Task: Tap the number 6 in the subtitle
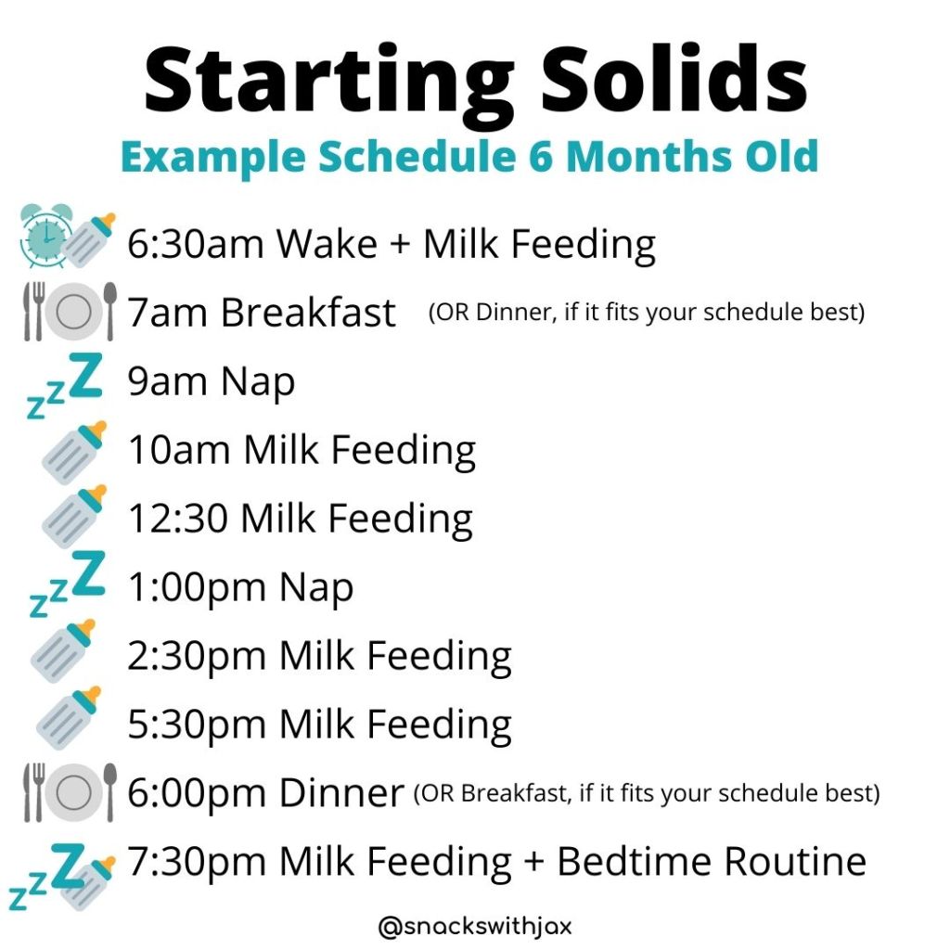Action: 541,156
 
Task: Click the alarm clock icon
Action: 45,235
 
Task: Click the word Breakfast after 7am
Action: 308,313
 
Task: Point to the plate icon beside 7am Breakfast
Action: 73,312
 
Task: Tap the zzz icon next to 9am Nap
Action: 65,384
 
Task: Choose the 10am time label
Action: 179,450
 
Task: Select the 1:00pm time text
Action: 197,587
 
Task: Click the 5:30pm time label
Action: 197,725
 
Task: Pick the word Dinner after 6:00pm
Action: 341,793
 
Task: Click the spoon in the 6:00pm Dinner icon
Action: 109,792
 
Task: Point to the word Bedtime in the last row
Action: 634,862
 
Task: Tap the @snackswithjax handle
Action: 475,927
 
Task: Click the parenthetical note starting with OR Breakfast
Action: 647,793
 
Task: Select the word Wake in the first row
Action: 327,244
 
